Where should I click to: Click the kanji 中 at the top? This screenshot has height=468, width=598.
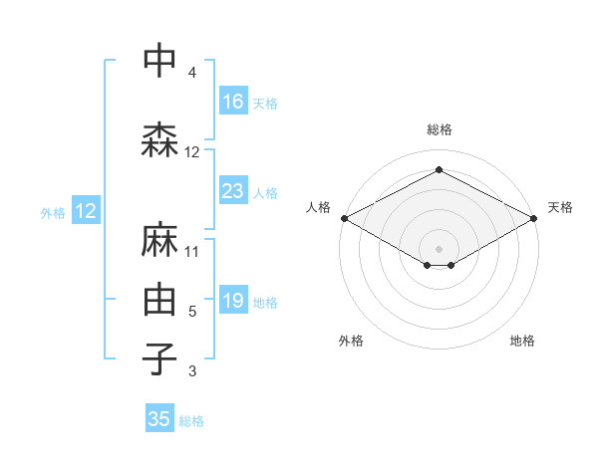(159, 62)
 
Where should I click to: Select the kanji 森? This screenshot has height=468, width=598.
(159, 141)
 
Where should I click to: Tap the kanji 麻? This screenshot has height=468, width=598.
(159, 240)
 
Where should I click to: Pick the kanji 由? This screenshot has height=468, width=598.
(159, 300)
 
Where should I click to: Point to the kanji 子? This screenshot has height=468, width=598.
(159, 359)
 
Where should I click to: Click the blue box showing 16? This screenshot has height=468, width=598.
(233, 102)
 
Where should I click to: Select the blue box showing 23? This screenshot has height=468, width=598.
(233, 191)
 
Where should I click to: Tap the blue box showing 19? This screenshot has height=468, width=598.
(233, 301)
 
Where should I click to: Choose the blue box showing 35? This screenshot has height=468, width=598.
(159, 419)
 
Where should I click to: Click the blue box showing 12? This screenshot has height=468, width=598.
(86, 211)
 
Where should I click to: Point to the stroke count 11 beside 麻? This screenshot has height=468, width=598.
(192, 251)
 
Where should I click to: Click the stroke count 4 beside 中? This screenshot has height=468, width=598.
(191, 73)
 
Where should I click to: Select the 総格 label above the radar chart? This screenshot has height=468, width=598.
(440, 129)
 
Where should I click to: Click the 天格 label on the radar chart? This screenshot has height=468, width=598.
(560, 207)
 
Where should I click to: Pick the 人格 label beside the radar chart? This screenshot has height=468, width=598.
(318, 207)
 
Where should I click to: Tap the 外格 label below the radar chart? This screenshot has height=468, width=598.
(351, 342)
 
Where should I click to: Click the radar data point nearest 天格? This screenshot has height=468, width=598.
(536, 218)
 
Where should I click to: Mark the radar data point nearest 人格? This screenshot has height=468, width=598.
(343, 218)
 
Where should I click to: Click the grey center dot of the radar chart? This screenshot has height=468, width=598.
(439, 248)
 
